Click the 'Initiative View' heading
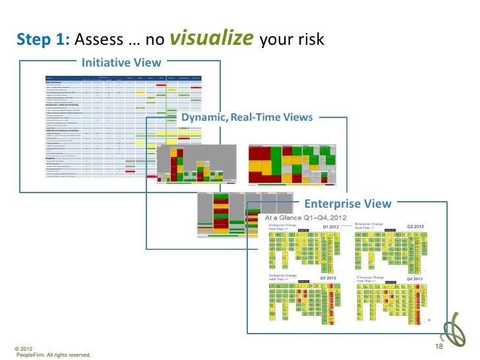tap(121, 63)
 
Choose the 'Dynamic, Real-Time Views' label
tap(247, 117)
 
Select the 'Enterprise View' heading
tap(347, 204)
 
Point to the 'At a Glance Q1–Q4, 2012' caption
tap(305, 218)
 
